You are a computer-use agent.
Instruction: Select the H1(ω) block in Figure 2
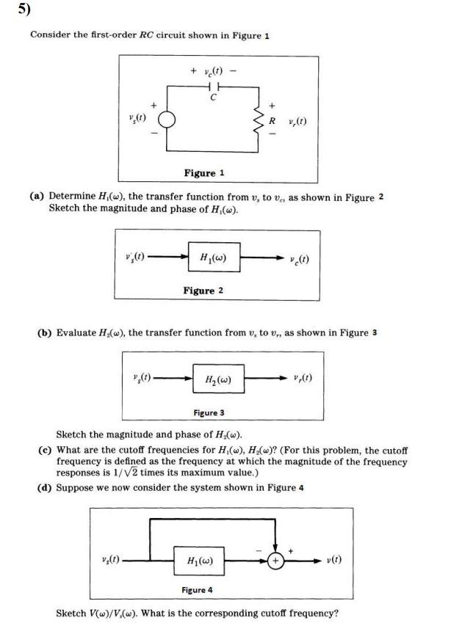pos(213,258)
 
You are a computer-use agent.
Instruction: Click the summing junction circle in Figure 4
pos(277,561)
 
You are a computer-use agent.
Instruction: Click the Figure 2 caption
pos(203,291)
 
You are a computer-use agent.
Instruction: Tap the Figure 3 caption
pos(209,412)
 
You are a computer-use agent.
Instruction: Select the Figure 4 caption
pos(197,589)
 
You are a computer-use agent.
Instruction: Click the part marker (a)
pos(37,197)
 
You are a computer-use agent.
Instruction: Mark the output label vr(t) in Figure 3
pos(302,379)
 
